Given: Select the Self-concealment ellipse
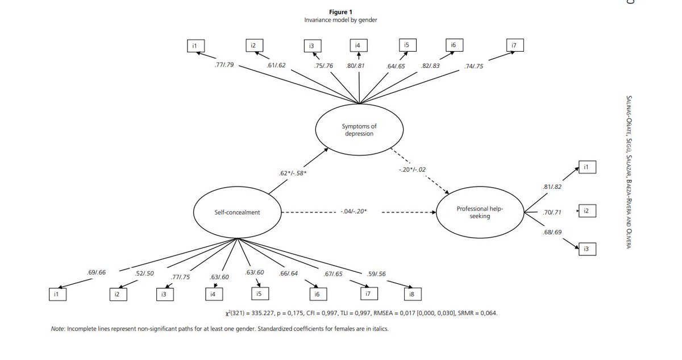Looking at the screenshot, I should click(237, 212).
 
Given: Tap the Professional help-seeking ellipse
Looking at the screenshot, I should click(480, 212).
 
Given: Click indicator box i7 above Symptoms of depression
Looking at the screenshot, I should click(514, 45).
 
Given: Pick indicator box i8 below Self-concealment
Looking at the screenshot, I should click(412, 294).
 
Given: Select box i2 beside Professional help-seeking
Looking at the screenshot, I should click(585, 212).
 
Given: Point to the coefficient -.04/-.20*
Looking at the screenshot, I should click(354, 212).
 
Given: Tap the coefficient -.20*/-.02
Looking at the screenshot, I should click(411, 169).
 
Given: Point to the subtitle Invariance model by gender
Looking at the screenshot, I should click(340, 20).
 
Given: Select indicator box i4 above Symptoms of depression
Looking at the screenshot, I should click(358, 45).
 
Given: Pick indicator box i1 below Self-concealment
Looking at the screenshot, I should click(56, 294).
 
